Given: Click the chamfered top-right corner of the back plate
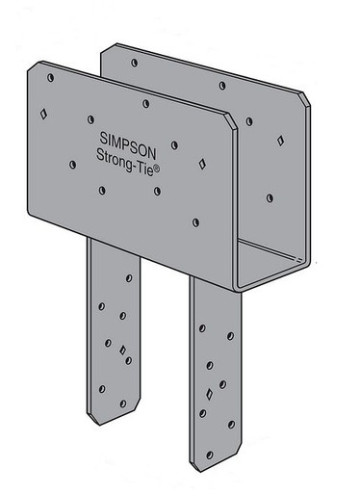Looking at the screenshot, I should (304, 99).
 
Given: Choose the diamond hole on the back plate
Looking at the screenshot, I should (280, 141).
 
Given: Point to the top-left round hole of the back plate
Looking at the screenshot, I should (134, 61).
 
